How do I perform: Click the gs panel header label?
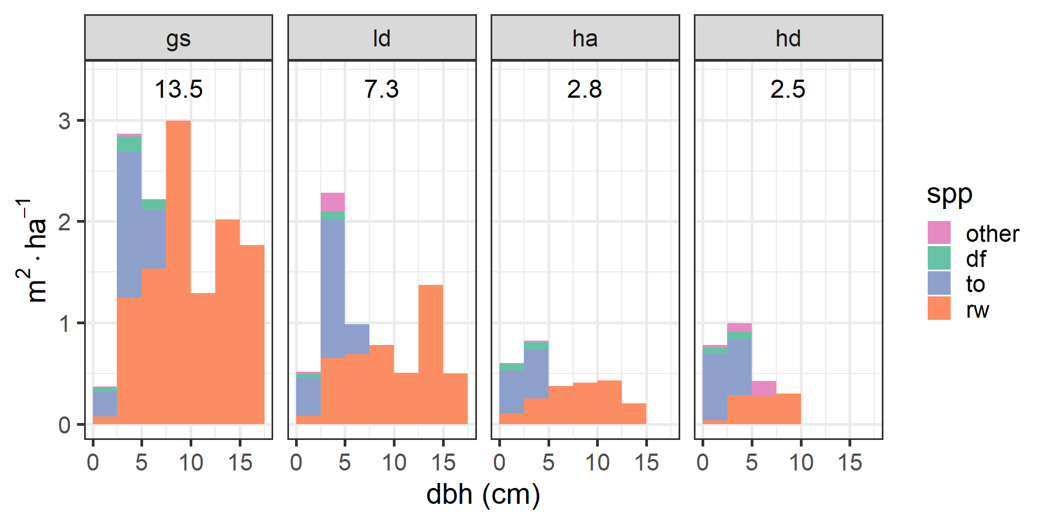(178, 39)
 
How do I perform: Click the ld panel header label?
(381, 39)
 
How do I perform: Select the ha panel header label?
(585, 39)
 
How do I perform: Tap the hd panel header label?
(788, 39)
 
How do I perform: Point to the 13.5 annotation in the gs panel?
(178, 89)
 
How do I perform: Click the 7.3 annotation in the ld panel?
(381, 89)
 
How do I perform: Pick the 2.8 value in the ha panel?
(585, 89)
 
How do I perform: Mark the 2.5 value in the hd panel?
(788, 89)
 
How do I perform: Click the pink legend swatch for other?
(939, 233)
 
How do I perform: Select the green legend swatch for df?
(939, 258)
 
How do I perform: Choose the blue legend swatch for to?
(939, 284)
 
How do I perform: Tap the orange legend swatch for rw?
(939, 309)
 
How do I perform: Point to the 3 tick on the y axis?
(64, 121)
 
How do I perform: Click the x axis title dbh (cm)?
(483, 495)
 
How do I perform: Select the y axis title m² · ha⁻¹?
(33, 251)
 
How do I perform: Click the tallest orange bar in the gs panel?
(178, 273)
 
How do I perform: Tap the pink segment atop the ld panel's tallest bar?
(333, 202)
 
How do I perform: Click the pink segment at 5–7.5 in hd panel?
(764, 388)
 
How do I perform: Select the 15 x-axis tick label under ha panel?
(646, 463)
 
